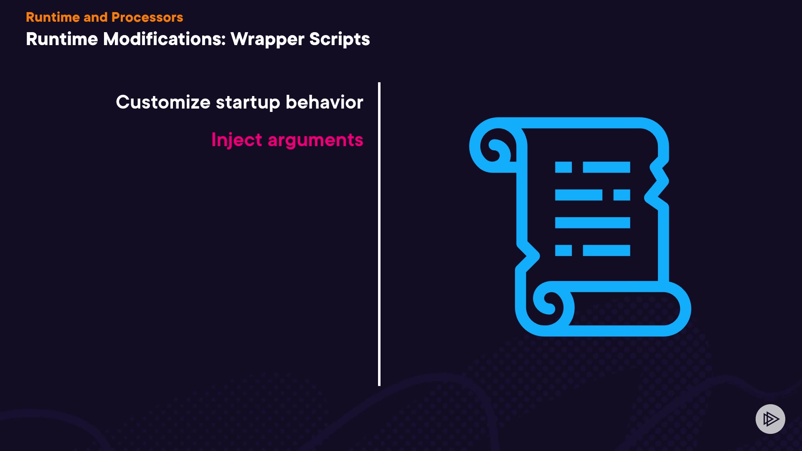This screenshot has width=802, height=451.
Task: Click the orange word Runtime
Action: coord(53,17)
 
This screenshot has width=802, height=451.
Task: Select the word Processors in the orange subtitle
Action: coord(147,17)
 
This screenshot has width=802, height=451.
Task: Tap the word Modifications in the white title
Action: coord(164,39)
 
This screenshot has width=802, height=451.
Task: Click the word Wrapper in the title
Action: coord(267,40)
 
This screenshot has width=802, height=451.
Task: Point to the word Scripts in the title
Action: coord(340,40)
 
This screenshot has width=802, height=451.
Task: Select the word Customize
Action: coord(163,102)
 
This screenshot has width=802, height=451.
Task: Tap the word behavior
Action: coord(325,102)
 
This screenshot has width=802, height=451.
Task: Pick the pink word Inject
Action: coord(237,140)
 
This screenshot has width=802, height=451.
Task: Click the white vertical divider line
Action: coord(379,234)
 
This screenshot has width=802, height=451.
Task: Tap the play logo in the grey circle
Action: coord(771,419)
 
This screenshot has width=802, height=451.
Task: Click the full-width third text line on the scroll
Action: coord(592,223)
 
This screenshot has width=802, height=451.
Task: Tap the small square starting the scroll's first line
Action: coord(563,167)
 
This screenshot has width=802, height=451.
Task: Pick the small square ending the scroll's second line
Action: coord(622,195)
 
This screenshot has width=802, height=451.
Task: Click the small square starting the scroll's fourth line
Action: coord(563,251)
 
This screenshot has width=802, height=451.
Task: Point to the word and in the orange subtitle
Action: coord(96,17)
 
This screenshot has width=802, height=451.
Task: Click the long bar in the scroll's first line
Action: coord(607,167)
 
